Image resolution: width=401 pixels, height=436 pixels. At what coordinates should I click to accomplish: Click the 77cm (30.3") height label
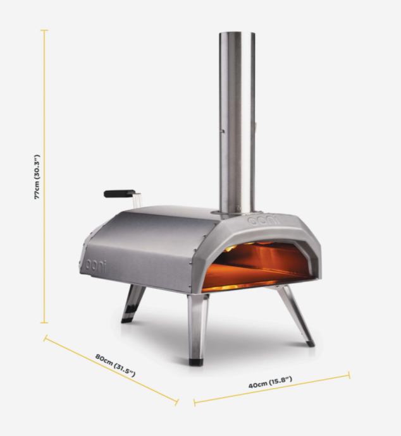click(37, 177)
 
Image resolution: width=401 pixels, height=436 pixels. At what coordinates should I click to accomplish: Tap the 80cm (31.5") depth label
click(115, 365)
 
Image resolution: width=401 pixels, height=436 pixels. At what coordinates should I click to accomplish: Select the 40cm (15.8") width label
click(270, 382)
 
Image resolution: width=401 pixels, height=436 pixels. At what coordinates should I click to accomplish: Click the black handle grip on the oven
click(120, 193)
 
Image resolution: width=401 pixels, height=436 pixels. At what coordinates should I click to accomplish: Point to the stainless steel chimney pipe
click(237, 123)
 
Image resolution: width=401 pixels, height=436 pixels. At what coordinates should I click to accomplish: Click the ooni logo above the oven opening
click(263, 221)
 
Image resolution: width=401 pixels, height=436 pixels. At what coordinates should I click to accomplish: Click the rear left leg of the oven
click(133, 304)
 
